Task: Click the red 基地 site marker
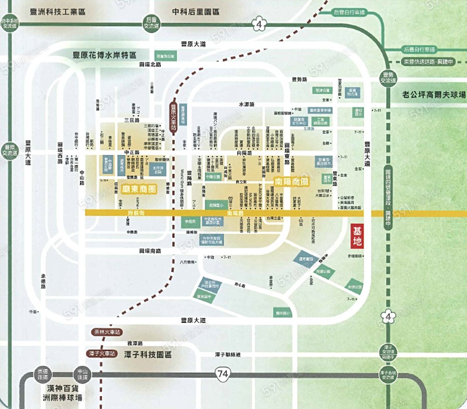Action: [x=358, y=236]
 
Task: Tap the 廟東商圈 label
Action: [x=139, y=190]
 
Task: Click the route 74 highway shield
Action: [x=222, y=373]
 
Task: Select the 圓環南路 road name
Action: [x=150, y=250]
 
